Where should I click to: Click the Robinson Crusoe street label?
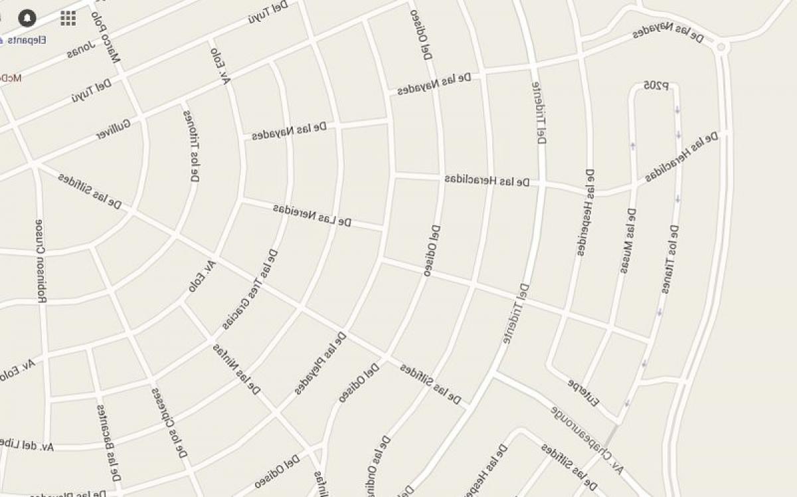click(41, 260)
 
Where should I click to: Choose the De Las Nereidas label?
click(311, 215)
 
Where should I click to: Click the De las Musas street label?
click(628, 241)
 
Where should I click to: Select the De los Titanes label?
click(669, 260)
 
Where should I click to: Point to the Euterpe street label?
click(584, 393)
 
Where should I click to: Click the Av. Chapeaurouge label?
click(587, 439)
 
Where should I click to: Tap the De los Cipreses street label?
click(170, 423)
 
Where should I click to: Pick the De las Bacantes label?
click(109, 443)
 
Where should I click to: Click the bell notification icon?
click(27, 17)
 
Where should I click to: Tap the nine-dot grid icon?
click(68, 18)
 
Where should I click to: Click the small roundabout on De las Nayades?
click(722, 47)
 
